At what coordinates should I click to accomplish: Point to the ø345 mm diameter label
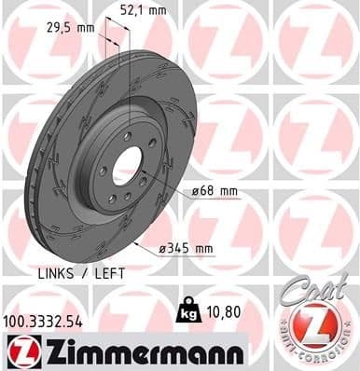[187, 248]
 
